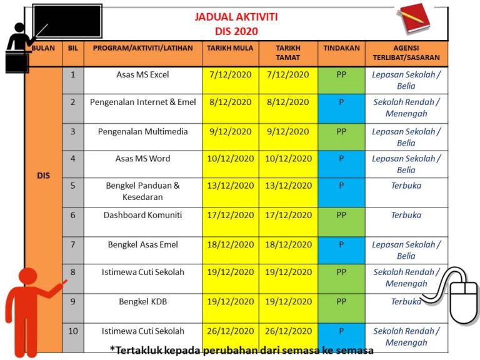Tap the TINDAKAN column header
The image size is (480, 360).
(x=341, y=47)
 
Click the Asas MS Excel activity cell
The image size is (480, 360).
(x=142, y=74)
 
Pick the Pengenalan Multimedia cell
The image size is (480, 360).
(x=142, y=131)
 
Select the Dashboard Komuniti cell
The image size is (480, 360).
(x=142, y=215)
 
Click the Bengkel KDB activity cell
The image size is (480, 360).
(x=142, y=301)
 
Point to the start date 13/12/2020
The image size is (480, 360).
(x=231, y=186)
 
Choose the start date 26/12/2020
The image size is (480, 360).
(x=231, y=331)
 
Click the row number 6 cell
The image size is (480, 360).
(x=72, y=215)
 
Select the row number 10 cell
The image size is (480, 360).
(x=72, y=331)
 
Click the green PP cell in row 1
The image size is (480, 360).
(x=341, y=74)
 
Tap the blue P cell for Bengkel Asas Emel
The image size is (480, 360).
(x=341, y=244)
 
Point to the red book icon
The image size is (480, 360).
(x=414, y=18)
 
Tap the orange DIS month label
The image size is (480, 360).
(x=43, y=176)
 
